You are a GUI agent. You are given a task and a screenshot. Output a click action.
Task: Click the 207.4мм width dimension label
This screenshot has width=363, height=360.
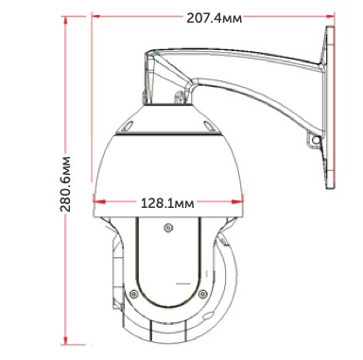215,18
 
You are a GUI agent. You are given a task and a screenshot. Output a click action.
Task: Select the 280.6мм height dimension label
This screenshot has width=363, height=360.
65,183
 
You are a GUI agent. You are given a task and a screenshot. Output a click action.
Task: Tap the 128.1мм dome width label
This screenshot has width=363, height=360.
167,203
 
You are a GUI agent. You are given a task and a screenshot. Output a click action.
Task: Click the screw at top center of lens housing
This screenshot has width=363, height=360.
168,228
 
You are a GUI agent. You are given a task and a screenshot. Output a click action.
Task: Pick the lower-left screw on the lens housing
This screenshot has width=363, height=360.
134,294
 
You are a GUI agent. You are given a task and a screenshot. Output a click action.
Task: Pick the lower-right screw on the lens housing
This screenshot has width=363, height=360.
203,293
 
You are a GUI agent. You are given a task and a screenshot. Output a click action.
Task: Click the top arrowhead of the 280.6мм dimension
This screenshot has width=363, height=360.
65,21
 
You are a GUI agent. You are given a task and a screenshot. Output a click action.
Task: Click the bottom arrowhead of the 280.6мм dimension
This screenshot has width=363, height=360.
65,340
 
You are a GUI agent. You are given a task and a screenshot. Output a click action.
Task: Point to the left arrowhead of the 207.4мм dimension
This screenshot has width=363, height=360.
96,16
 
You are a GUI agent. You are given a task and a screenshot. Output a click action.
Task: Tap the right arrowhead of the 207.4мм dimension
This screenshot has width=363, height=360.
330,16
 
